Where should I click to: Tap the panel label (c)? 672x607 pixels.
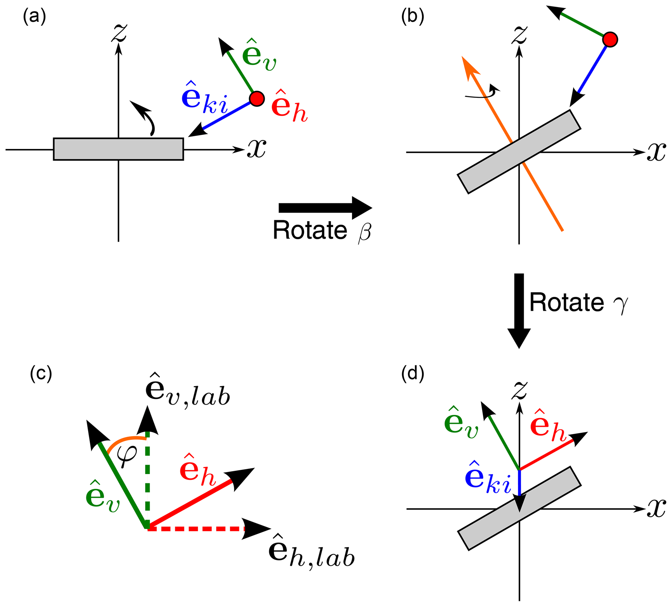click(41, 374)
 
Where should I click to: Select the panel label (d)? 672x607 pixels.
click(413, 374)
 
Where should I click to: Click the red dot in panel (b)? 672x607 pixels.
click(610, 39)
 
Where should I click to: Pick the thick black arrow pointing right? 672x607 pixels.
click(325, 208)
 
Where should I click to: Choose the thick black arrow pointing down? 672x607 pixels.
click(519, 310)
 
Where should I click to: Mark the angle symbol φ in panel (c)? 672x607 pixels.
click(127, 455)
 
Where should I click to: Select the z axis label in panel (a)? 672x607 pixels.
click(119, 33)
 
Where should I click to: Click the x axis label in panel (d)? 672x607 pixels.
click(656, 509)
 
